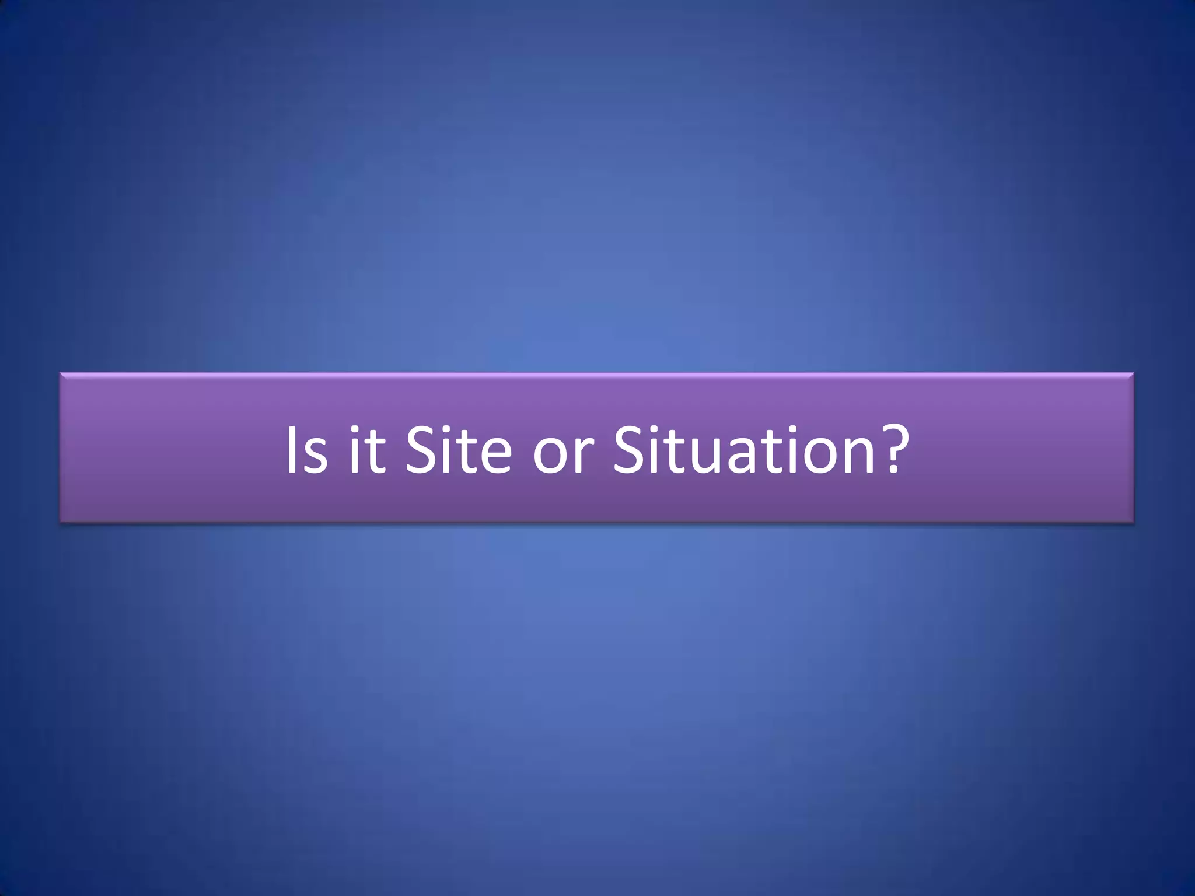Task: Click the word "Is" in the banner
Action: pyautogui.click(x=306, y=450)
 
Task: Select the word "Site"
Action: pyautogui.click(x=458, y=450)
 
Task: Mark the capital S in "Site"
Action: pyautogui.click(x=421, y=449)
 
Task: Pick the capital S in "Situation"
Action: pyautogui.click(x=631, y=449)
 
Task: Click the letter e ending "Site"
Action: pyautogui.click(x=495, y=456)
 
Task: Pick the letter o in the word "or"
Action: pyautogui.click(x=550, y=456)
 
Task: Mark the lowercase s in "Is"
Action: pyautogui.click(x=316, y=456)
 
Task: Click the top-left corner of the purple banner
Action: pyautogui.click(x=61, y=373)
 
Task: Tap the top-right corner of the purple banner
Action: pyautogui.click(x=1133, y=373)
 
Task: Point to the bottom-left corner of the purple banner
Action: pyautogui.click(x=61, y=521)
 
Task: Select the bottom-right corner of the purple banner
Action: pyautogui.click(x=1133, y=521)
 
